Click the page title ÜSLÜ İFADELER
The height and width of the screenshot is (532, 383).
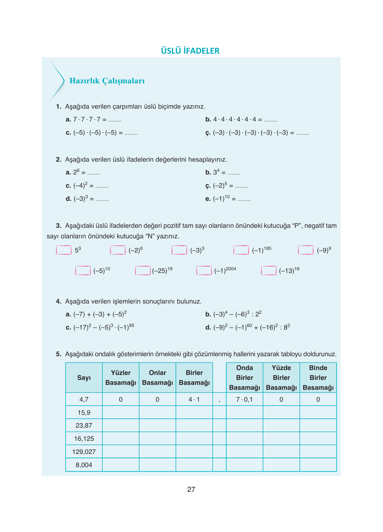[190, 51]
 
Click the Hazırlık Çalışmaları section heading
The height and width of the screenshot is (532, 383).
[107, 81]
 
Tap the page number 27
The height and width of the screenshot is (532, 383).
[191, 490]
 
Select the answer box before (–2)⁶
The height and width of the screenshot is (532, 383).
[118, 250]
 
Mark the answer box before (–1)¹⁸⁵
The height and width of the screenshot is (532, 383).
[241, 250]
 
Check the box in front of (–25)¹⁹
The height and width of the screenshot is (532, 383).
[143, 271]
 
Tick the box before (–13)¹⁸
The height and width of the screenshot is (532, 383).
[268, 271]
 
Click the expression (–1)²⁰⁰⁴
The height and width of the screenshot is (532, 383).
[225, 271]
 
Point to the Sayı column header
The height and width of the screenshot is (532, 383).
[84, 378]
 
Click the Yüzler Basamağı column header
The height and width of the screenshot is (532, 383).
[121, 378]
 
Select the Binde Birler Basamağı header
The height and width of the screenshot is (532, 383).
[318, 378]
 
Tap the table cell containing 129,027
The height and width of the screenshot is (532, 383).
[84, 452]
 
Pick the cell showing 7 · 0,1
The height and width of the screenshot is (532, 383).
[244, 399]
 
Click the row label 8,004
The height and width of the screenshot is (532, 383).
[84, 465]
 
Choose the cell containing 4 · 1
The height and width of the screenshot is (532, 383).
[194, 399]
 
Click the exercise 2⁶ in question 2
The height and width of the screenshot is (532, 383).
[76, 172]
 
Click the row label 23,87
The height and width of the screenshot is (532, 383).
[84, 425]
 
